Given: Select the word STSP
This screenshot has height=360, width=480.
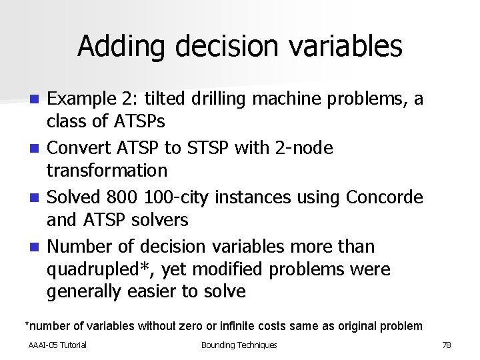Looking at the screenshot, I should point(221,148).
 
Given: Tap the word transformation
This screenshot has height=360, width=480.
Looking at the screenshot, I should point(107,171).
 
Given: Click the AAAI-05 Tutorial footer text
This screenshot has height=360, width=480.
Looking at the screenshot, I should point(57,345).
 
